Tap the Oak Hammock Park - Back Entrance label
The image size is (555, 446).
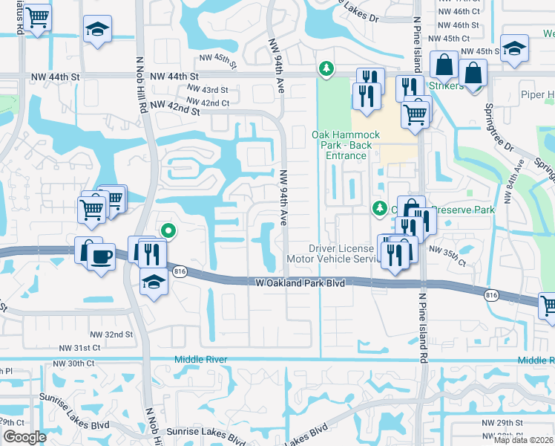pos(345,145)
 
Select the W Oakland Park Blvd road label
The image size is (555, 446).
pos(301,282)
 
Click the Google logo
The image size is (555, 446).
pos(24,437)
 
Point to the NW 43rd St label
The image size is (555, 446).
pos(208,90)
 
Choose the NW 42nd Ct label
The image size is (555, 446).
pos(208,103)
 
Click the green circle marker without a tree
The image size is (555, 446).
pos(168,232)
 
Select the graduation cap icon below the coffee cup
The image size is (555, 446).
pos(154,283)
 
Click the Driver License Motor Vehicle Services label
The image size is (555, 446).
pos(344,253)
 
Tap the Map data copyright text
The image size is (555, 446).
pos(524,440)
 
